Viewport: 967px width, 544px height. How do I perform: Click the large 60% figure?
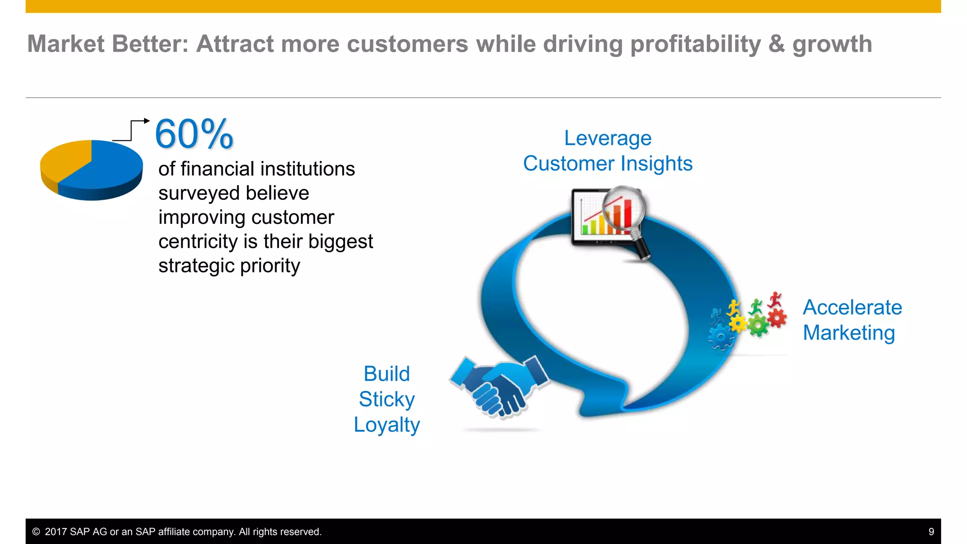[x=194, y=134]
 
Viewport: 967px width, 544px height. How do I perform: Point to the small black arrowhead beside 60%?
[x=147, y=121]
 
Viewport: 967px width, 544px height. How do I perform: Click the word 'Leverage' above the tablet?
[x=608, y=138]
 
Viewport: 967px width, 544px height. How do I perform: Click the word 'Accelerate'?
[x=852, y=307]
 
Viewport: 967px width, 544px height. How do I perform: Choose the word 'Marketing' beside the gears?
[x=848, y=333]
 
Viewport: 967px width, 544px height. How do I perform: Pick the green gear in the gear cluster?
[x=758, y=325]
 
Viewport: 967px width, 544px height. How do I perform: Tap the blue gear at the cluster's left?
[x=721, y=336]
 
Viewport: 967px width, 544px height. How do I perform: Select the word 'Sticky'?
[x=387, y=399]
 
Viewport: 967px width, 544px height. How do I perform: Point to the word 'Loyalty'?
[x=387, y=425]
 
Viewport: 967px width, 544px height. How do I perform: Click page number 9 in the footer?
[x=931, y=532]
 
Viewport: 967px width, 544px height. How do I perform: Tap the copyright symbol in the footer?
[x=36, y=532]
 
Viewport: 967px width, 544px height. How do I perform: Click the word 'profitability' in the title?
[x=695, y=44]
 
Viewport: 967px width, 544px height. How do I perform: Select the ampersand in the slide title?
[x=776, y=44]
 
